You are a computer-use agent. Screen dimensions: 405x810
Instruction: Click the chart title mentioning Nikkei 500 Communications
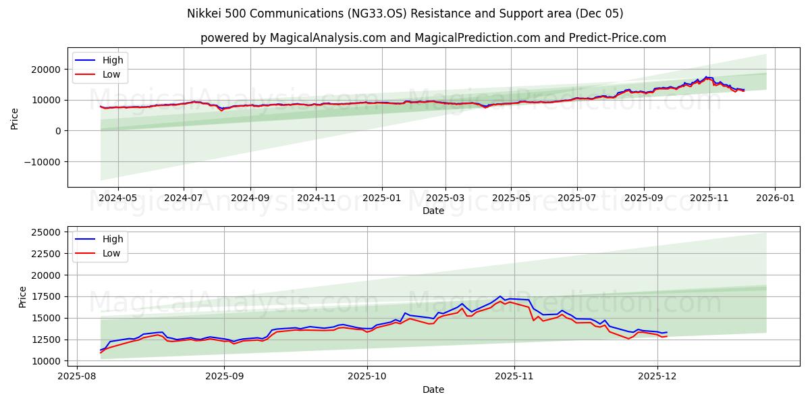[x=405, y=13]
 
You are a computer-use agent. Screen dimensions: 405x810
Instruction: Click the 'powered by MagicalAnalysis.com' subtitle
[x=433, y=38]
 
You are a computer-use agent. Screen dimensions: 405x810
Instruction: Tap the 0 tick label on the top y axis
[x=59, y=131]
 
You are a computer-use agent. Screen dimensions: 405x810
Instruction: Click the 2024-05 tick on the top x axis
[x=118, y=198]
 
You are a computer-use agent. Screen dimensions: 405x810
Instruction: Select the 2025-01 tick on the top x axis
[x=382, y=198]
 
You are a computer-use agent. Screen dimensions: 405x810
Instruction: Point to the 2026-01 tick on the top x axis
[x=774, y=198]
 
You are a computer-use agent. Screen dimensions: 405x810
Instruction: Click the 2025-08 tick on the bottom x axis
[x=76, y=377]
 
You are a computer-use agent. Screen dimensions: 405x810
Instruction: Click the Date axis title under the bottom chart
[x=433, y=389]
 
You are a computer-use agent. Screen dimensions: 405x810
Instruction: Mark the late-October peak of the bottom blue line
[x=500, y=296]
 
